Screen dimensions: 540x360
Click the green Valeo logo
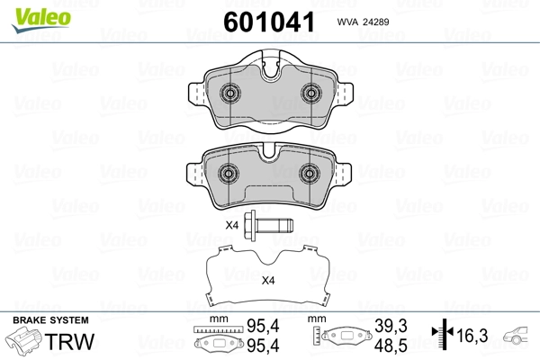coord(41,20)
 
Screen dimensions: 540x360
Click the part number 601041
coord(269,22)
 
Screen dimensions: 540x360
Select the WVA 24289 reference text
coord(363,22)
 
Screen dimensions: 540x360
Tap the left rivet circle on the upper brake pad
coord(230,93)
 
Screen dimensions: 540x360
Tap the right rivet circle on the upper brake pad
coord(311,93)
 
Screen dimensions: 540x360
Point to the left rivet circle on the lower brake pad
coord(229,173)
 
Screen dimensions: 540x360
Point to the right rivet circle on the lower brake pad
coord(310,173)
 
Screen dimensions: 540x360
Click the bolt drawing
coord(268,226)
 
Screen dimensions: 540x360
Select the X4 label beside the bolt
coord(232,226)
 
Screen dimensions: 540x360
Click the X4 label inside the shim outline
coord(268,281)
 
